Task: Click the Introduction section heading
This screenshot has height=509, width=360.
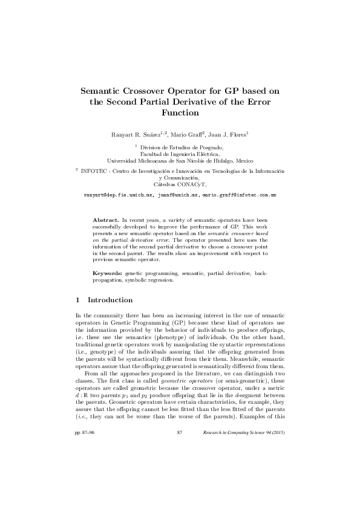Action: pyautogui.click(x=110, y=300)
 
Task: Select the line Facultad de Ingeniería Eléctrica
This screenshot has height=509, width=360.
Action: pyautogui.click(x=180, y=154)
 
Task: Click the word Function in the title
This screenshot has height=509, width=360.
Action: pyautogui.click(x=180, y=112)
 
